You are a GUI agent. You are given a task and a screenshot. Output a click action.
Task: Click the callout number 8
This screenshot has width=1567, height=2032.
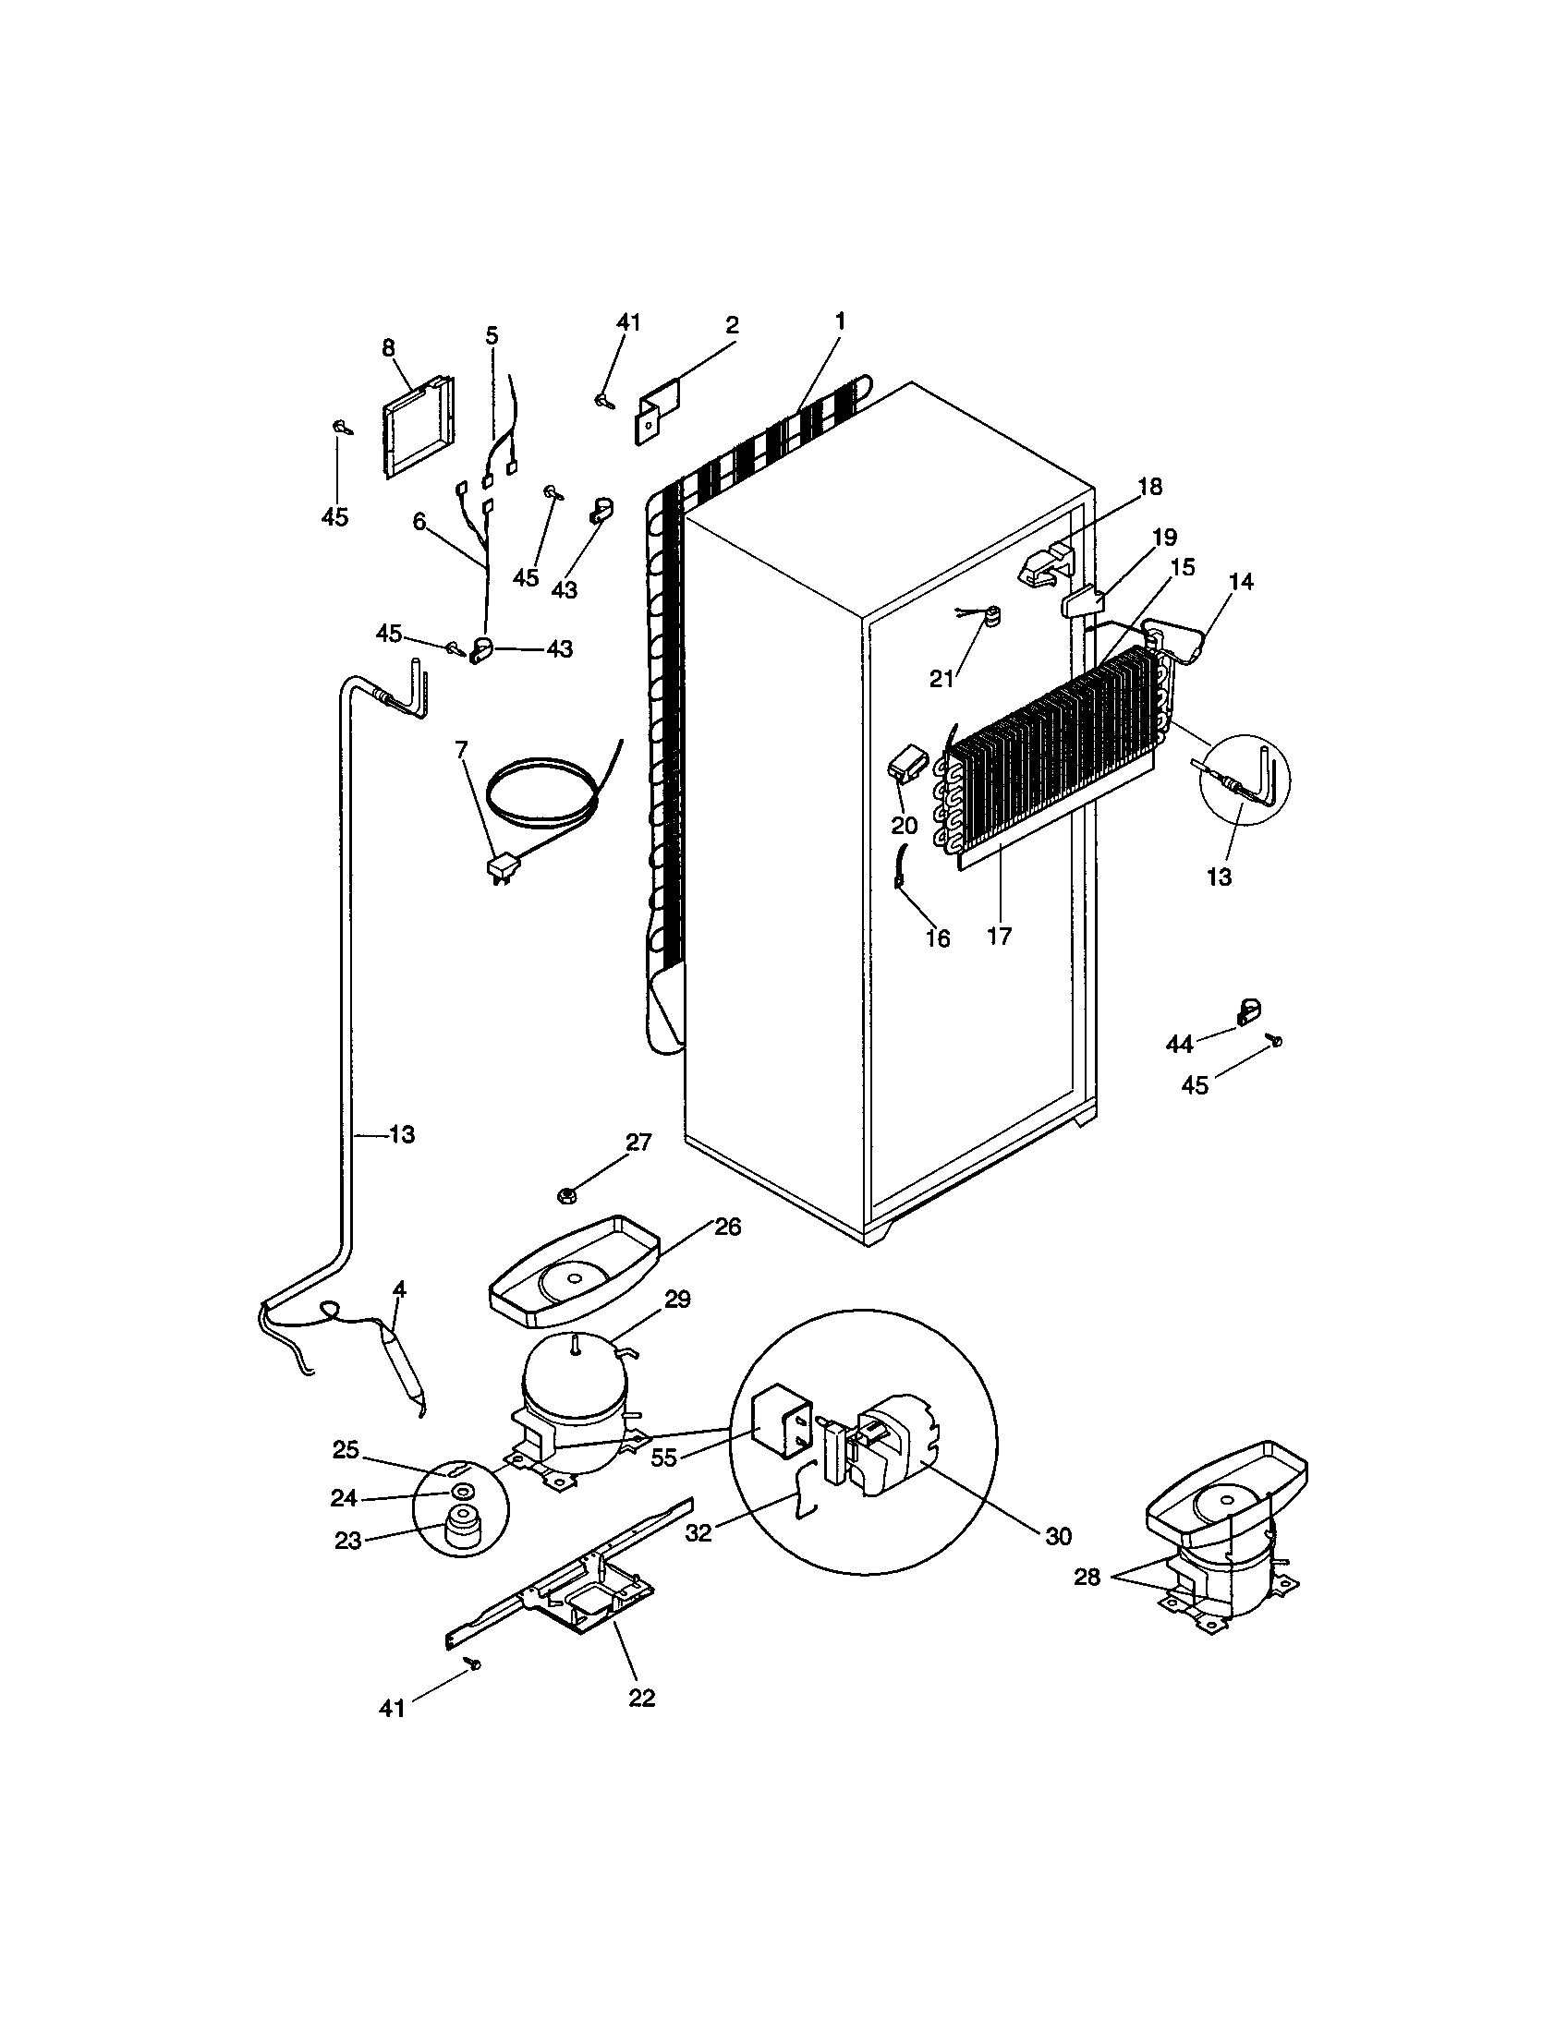388,348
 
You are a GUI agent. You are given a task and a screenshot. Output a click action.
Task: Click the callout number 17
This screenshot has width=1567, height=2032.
999,935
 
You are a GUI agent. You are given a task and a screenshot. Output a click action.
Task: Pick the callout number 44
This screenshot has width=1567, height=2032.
1179,1045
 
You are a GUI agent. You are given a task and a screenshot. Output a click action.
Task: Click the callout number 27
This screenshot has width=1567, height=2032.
638,1142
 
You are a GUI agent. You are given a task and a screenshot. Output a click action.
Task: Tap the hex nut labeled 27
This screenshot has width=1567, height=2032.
565,1193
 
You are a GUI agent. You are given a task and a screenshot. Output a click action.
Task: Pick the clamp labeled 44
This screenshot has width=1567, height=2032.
1247,1011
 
